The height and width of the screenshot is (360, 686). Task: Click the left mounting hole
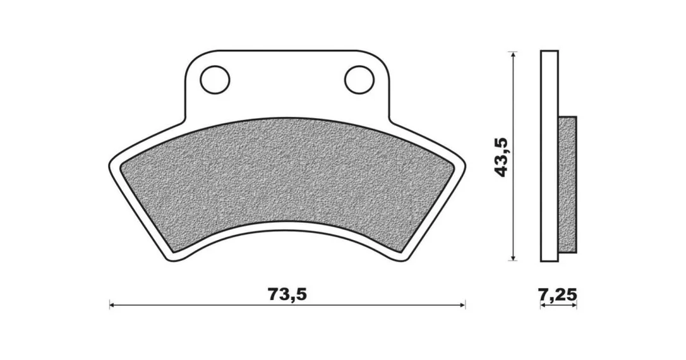click(215, 80)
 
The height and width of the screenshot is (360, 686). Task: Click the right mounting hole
click(359, 80)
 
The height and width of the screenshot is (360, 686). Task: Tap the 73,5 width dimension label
click(287, 294)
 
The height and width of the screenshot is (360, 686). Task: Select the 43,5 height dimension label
click(501, 157)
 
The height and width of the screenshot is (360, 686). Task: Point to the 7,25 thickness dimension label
click(558, 295)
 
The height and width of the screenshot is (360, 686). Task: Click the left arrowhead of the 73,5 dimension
click(112, 305)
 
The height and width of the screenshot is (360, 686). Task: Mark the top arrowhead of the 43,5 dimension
click(514, 54)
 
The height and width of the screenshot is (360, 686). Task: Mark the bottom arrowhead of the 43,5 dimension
click(514, 258)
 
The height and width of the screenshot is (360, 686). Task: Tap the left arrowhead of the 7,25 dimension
click(543, 306)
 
